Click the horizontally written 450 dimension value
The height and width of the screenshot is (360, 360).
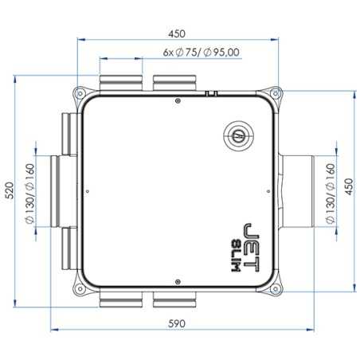tap(177, 33)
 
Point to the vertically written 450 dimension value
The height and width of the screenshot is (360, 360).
tap(348, 189)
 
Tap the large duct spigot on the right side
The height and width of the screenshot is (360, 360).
tap(297, 191)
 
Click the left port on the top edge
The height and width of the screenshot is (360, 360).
tap(121, 82)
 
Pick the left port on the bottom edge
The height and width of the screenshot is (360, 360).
tap(121, 299)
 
